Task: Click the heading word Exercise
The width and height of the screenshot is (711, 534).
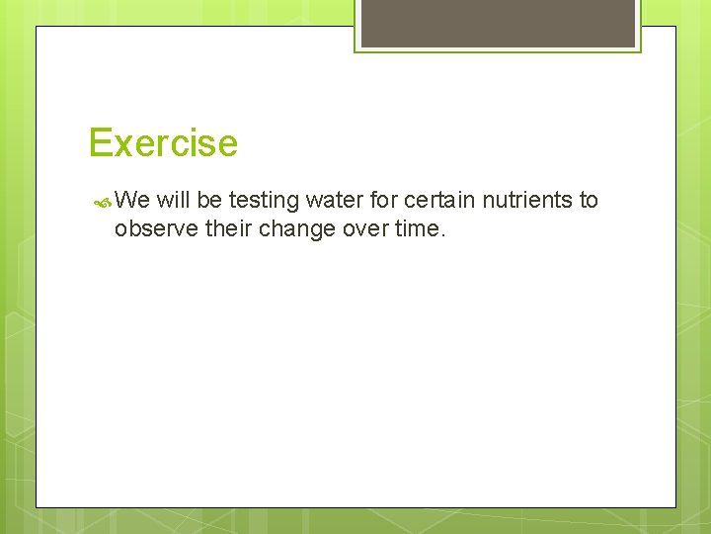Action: point(163,143)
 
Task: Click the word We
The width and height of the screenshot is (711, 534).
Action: point(131,201)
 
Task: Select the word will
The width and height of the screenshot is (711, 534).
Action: point(173,201)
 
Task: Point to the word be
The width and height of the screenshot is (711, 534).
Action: point(209,201)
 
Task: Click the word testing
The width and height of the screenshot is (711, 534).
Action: point(264,202)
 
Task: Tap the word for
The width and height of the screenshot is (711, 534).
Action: point(389,201)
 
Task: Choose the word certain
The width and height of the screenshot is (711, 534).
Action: point(443,201)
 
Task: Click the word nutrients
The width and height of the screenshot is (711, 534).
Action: point(527,201)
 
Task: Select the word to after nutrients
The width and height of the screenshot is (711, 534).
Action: point(589,201)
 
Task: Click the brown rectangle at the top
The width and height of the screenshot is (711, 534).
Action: point(498,23)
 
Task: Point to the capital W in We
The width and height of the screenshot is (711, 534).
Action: point(125,201)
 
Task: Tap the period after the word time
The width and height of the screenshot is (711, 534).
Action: point(443,236)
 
